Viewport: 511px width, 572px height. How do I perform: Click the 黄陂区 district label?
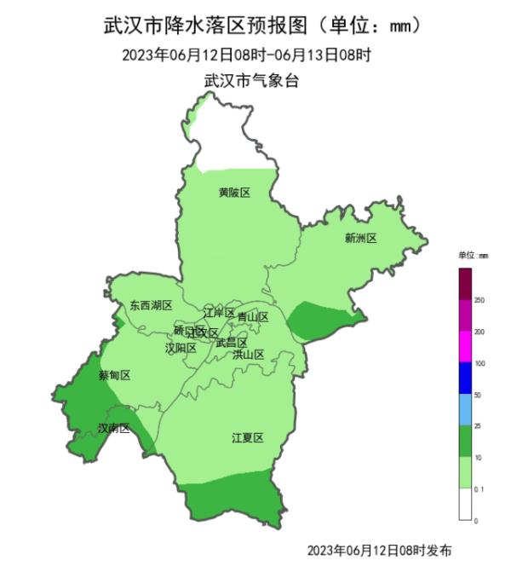click(x=234, y=193)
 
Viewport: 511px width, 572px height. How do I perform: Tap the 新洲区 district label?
click(x=360, y=238)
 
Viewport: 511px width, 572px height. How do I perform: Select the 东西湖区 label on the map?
click(x=151, y=305)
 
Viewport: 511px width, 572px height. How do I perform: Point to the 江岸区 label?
click(x=219, y=313)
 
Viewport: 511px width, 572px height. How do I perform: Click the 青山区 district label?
click(x=253, y=317)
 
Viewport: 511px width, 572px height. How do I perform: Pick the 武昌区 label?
click(x=231, y=343)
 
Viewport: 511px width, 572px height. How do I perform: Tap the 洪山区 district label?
click(x=249, y=355)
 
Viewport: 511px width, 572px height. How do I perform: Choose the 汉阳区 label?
click(x=181, y=348)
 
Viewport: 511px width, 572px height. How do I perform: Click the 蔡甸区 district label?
click(x=114, y=375)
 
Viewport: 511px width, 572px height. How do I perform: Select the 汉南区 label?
click(x=112, y=428)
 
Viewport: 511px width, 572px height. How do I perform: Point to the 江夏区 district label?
click(x=248, y=438)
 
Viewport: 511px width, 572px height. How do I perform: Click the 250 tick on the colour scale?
click(x=479, y=300)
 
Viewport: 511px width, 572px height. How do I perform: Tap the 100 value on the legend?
click(x=479, y=363)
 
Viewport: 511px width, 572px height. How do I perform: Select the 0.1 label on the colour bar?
click(x=479, y=488)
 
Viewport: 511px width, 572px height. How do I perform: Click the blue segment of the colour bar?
click(x=465, y=378)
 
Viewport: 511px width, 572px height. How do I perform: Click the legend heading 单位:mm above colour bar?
click(x=473, y=256)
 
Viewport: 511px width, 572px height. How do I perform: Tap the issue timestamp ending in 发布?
click(x=379, y=550)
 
